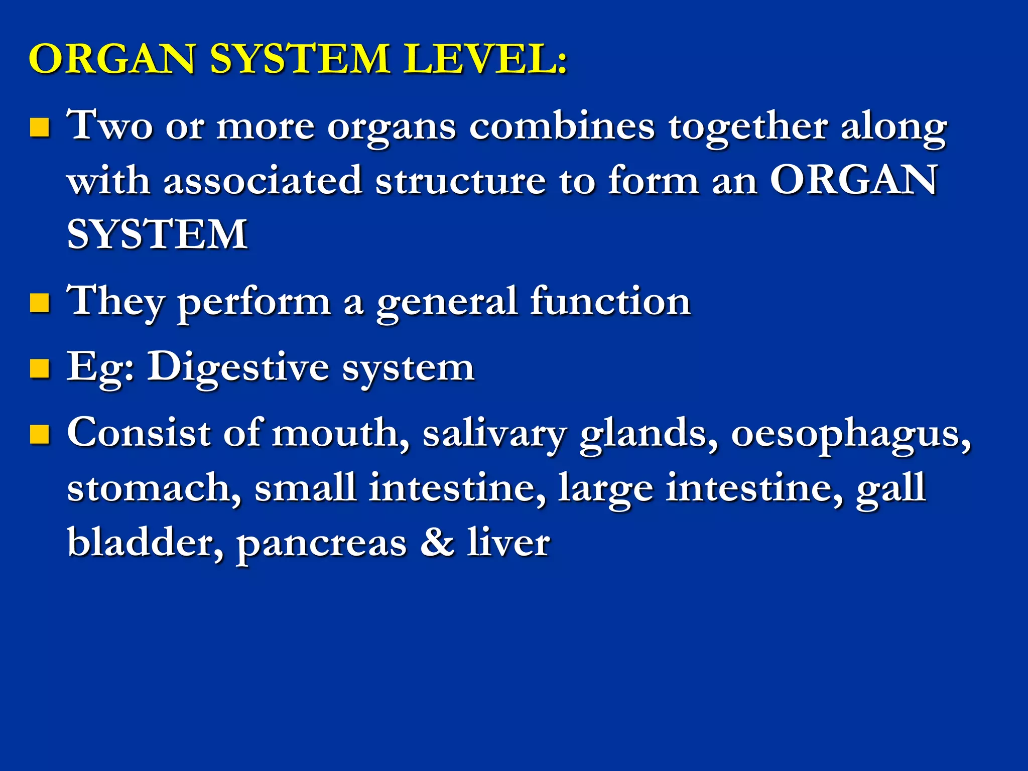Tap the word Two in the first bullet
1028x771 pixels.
pyautogui.click(x=110, y=125)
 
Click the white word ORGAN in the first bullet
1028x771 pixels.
pyautogui.click(x=853, y=180)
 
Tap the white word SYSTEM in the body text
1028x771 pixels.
pyautogui.click(x=157, y=234)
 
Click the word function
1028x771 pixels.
pyautogui.click(x=610, y=301)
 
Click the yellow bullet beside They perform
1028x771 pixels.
pyautogui.click(x=40, y=303)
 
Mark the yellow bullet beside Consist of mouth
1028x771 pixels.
pyautogui.click(x=40, y=434)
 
